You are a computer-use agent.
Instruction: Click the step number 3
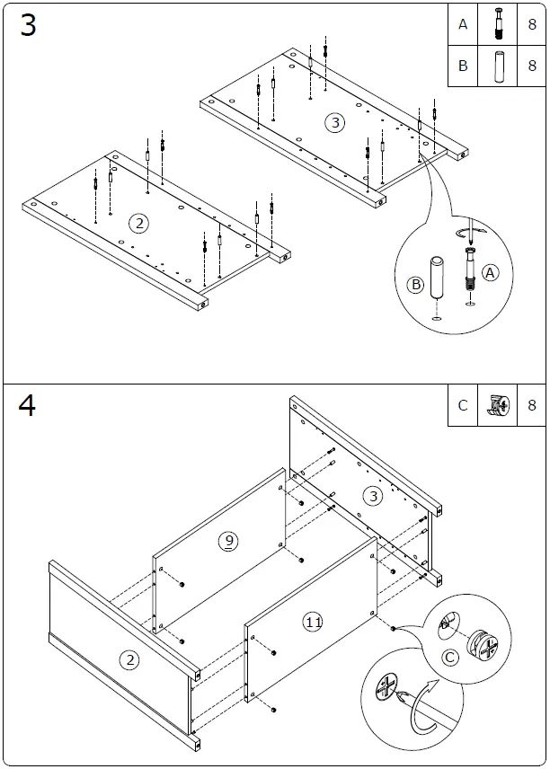(x=28, y=26)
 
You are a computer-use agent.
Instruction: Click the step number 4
(x=28, y=406)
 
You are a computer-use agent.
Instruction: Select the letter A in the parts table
(x=463, y=25)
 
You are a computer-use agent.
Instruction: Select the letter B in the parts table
(x=463, y=66)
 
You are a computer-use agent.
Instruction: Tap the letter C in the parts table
(x=463, y=405)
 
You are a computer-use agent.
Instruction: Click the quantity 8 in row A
(x=532, y=25)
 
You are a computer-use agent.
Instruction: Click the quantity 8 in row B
(x=532, y=66)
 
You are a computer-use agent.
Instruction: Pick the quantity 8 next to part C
(x=532, y=405)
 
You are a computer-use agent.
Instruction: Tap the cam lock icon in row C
(x=498, y=405)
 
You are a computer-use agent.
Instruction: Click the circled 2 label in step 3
(x=137, y=223)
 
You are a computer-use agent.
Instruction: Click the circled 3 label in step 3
(x=335, y=122)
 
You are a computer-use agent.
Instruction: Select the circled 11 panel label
(x=313, y=622)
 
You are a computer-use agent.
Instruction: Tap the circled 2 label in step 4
(x=130, y=660)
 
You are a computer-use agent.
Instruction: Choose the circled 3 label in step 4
(x=373, y=495)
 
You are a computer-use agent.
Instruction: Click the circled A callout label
(x=490, y=272)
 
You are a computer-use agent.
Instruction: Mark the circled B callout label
(x=415, y=285)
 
